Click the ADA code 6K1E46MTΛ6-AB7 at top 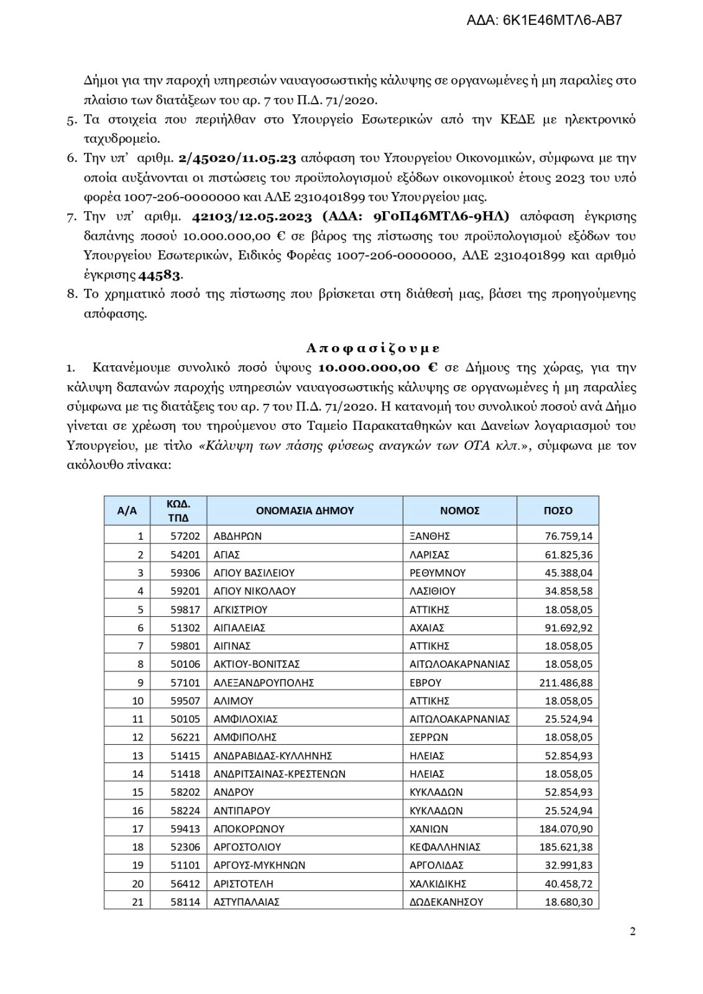[544, 21]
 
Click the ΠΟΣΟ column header [558, 511]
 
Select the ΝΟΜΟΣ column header [459, 511]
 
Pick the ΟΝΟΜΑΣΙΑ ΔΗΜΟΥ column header [305, 511]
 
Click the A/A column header [127, 511]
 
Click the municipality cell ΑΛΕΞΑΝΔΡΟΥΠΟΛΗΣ [264, 682]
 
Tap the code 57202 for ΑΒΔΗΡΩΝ [185, 536]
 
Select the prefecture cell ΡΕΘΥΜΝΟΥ [438, 573]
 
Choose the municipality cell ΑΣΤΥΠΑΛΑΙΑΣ [246, 901]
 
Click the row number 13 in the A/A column [137, 755]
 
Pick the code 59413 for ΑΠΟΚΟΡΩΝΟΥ [185, 829]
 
